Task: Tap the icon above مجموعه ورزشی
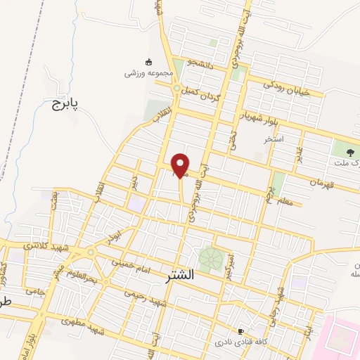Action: pos(148,62)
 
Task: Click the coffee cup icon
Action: pos(241,331)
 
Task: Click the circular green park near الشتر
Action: pos(209,259)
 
